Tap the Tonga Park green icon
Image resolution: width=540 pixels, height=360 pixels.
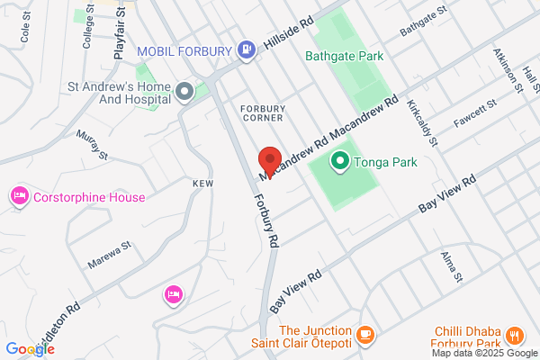[x=340, y=162]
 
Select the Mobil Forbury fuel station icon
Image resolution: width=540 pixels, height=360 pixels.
[x=246, y=51]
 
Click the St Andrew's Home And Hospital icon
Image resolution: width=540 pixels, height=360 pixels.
[x=184, y=91]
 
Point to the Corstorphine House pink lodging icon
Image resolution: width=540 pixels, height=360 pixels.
[x=18, y=196]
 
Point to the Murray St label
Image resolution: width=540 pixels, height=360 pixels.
[x=93, y=144]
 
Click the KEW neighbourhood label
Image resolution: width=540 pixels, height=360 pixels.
[x=202, y=183]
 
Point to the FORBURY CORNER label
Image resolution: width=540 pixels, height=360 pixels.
[x=263, y=112]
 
